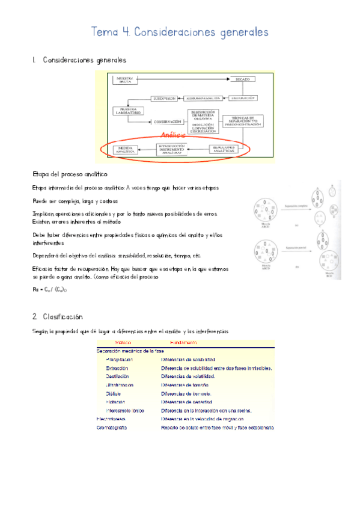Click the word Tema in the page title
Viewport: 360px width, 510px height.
point(103,31)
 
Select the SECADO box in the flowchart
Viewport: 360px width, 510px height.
point(242,79)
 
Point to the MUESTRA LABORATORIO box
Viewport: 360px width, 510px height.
point(126,111)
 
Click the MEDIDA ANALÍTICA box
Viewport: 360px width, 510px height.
point(125,149)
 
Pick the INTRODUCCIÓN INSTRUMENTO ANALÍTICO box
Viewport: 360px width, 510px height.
point(178,149)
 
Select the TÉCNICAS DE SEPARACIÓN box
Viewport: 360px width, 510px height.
point(243,121)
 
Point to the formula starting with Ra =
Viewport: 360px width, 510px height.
point(50,289)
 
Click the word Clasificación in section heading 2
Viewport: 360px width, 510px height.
point(63,316)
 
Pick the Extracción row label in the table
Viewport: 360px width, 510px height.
point(117,368)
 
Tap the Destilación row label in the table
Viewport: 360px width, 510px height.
point(117,376)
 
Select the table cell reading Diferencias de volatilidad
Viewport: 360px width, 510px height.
point(188,376)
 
